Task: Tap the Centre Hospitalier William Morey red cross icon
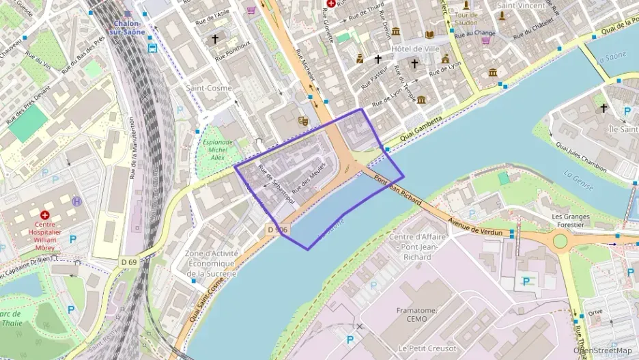(45, 214)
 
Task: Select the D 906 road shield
(277, 230)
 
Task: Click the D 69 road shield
(129, 262)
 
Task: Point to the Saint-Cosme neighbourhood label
(209, 88)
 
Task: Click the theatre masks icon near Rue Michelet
(303, 121)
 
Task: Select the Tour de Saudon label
(466, 19)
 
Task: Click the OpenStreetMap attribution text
(603, 350)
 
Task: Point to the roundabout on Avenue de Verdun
(560, 240)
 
